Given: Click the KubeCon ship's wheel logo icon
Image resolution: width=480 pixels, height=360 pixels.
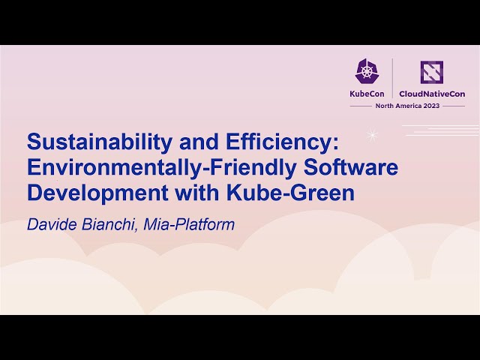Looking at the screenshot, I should pos(367,71).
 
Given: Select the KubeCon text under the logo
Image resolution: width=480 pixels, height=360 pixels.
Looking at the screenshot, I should pos(367,94).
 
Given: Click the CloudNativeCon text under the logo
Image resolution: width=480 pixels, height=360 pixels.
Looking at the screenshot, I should pos(433,94).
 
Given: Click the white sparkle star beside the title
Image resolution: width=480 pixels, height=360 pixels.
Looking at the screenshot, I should pos(371,135).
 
